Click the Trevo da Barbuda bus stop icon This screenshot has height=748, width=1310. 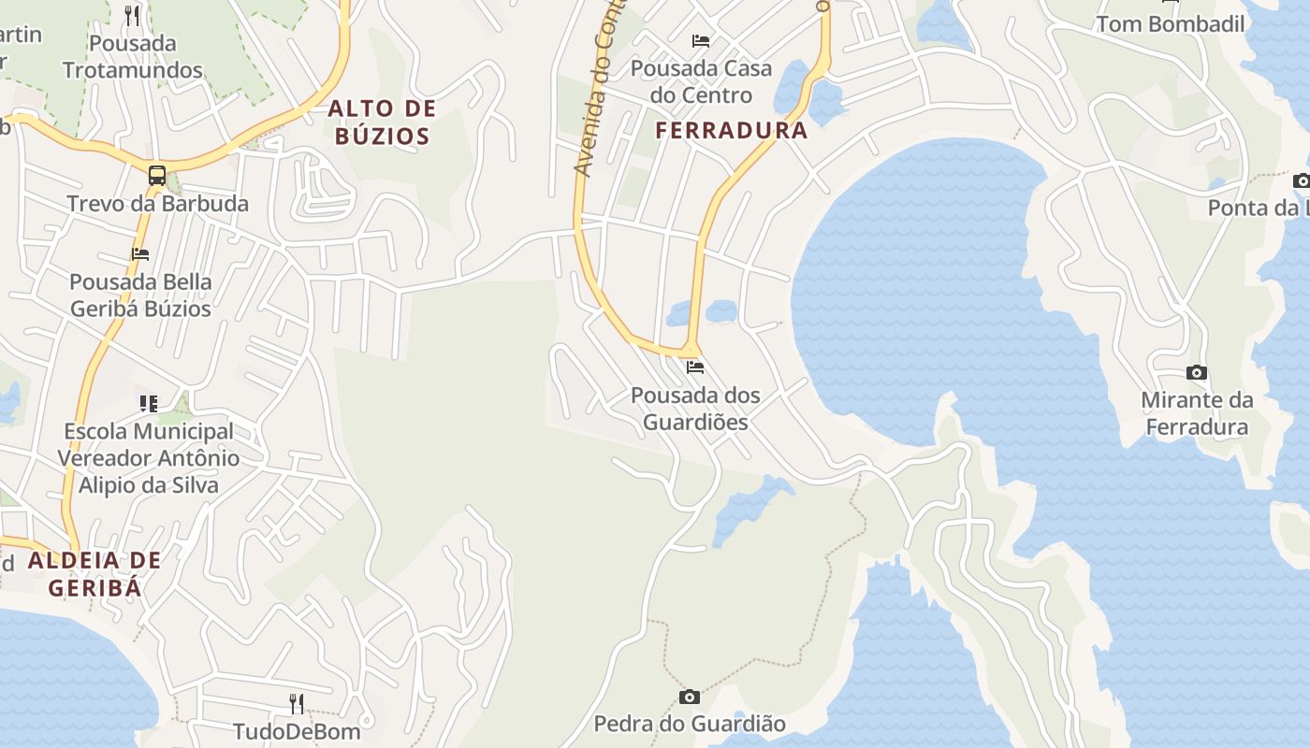point(157,175)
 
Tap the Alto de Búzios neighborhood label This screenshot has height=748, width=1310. point(383,122)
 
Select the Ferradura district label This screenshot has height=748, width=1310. point(731,131)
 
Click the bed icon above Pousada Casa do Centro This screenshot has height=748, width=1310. point(701,40)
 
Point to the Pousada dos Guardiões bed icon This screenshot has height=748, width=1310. point(695,367)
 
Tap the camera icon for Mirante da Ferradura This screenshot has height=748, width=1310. point(1196,373)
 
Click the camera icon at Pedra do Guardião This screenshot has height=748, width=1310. point(690,697)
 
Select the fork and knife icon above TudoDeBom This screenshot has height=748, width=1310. point(297,703)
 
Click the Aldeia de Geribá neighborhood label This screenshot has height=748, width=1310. point(95,574)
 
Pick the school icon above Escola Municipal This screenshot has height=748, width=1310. point(149,403)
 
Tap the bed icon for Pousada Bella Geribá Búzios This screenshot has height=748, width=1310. point(140,253)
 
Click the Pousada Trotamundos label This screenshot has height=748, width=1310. point(132,56)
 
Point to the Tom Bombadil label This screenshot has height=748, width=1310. point(1171,24)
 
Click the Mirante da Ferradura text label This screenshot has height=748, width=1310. point(1197,414)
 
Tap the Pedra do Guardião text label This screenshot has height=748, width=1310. point(690,724)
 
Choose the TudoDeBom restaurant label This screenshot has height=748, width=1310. point(297,731)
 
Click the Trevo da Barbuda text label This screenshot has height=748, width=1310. point(157,204)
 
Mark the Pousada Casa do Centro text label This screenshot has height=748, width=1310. point(701,81)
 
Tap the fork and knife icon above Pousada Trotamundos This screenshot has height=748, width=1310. point(132,15)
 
